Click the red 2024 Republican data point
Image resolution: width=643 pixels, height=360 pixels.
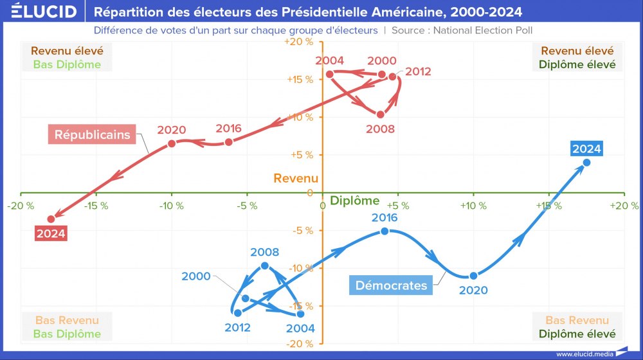(51, 219)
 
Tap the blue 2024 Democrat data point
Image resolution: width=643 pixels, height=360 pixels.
(586, 163)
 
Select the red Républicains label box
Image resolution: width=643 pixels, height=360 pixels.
(92, 135)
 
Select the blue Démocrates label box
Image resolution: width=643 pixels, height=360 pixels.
(391, 285)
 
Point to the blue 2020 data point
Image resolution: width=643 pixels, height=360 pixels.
(473, 276)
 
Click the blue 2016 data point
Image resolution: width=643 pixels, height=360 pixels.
(385, 231)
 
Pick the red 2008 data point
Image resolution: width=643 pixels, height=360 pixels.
(380, 114)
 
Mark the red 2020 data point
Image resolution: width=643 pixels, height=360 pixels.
(172, 143)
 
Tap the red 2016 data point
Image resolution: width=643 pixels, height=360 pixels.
(229, 141)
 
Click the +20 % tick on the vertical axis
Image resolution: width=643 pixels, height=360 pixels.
(299, 42)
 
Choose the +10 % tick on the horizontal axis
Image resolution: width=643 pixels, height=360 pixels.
(473, 206)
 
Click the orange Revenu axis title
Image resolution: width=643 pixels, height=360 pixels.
(296, 178)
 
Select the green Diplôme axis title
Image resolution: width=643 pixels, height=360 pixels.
(350, 201)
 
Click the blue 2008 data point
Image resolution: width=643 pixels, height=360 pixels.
(265, 265)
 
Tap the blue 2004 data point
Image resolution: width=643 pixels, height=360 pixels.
(300, 314)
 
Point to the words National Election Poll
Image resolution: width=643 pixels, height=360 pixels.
(483, 30)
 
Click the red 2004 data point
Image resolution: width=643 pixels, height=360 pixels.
(330, 74)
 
